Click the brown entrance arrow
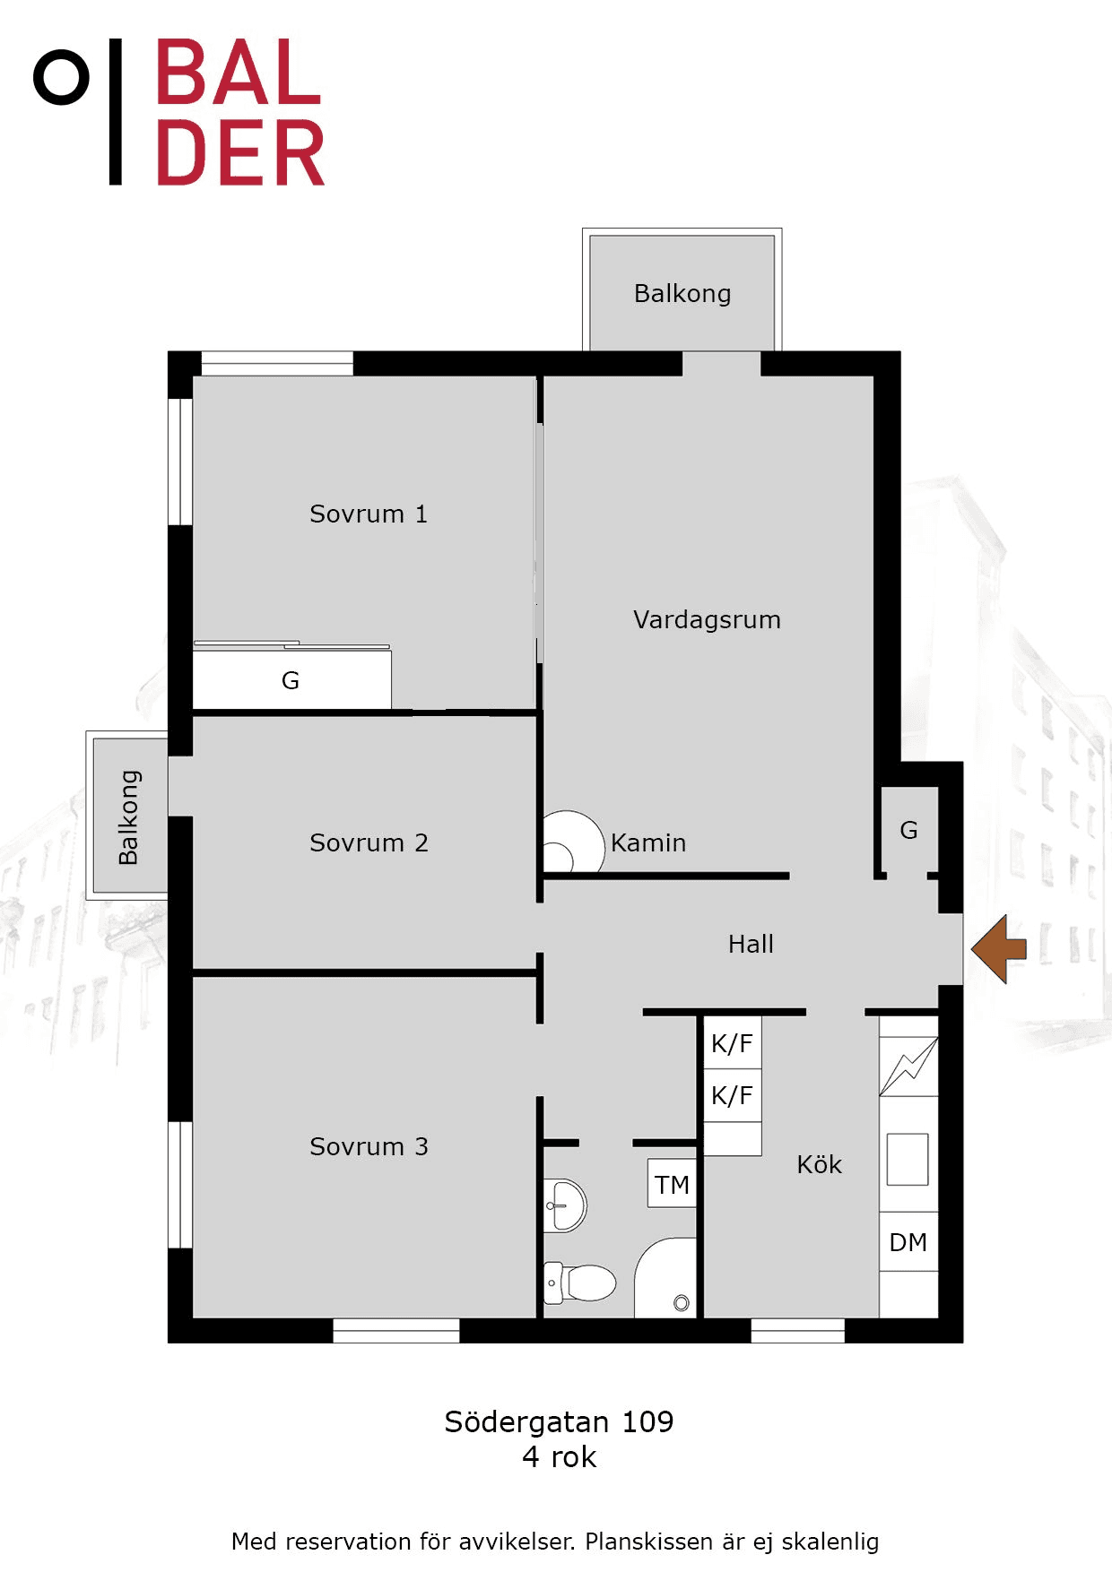click(998, 949)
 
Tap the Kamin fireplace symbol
click(574, 842)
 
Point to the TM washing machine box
click(672, 1184)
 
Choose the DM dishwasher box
click(908, 1242)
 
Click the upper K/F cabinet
click(733, 1042)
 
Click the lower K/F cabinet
click(733, 1094)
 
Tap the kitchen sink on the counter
click(908, 1160)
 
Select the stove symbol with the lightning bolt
click(908, 1067)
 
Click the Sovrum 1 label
click(369, 514)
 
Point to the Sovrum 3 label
click(369, 1146)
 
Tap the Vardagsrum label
click(707, 619)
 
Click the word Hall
click(751, 944)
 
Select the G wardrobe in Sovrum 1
click(292, 678)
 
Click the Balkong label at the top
click(682, 294)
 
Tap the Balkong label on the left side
click(129, 817)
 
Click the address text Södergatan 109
click(559, 1421)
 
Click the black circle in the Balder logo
click(61, 78)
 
